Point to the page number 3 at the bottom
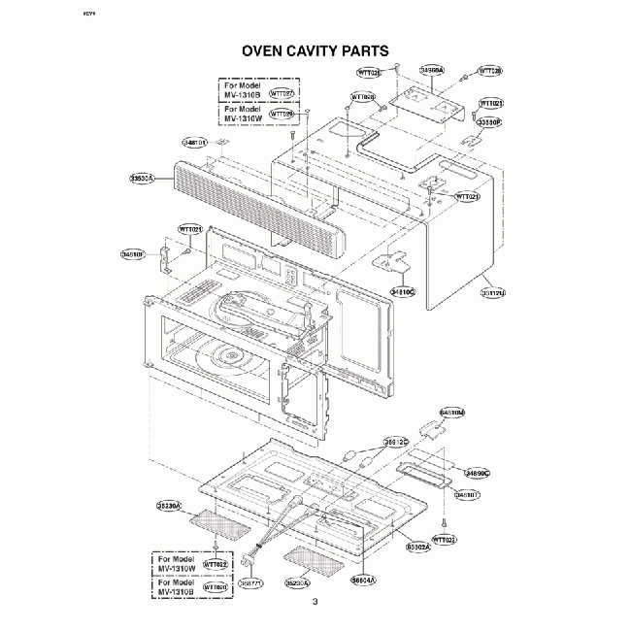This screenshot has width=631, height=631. click(x=315, y=604)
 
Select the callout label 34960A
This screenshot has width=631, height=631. click(x=432, y=71)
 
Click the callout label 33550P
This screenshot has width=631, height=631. click(x=488, y=123)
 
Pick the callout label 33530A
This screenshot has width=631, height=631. click(x=145, y=179)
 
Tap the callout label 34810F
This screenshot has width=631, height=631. click(x=134, y=254)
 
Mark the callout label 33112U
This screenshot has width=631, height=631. click(x=495, y=290)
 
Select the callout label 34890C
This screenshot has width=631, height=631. click(x=478, y=472)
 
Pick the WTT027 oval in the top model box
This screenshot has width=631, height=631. click(x=282, y=93)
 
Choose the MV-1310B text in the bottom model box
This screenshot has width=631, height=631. click(x=178, y=588)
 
